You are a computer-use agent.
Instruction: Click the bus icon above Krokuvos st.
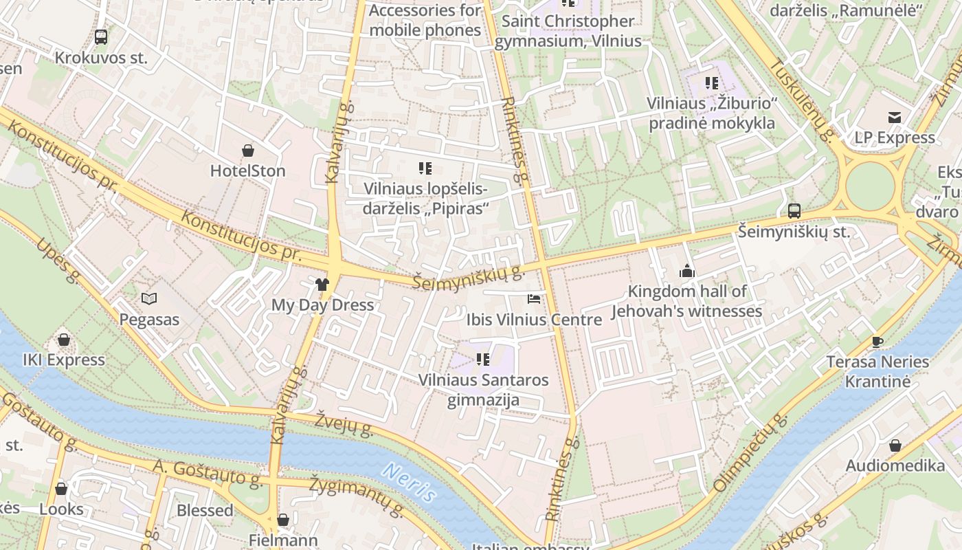[101, 37]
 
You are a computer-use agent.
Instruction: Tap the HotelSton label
[247, 170]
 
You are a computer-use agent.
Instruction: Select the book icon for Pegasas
[149, 298]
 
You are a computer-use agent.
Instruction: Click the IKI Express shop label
[64, 360]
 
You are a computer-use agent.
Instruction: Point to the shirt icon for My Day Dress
[322, 284]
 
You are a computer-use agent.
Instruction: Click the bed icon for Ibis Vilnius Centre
[533, 299]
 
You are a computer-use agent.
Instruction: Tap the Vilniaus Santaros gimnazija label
[484, 390]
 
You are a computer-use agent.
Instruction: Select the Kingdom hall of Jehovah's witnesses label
[687, 301]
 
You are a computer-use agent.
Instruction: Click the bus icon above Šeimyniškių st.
[794, 211]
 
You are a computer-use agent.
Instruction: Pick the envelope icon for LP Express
[894, 118]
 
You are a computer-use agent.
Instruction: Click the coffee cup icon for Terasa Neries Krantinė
[877, 341]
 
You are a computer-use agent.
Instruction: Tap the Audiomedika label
[895, 465]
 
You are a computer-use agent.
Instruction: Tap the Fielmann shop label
[283, 540]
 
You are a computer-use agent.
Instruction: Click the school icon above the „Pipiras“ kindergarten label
[425, 168]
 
